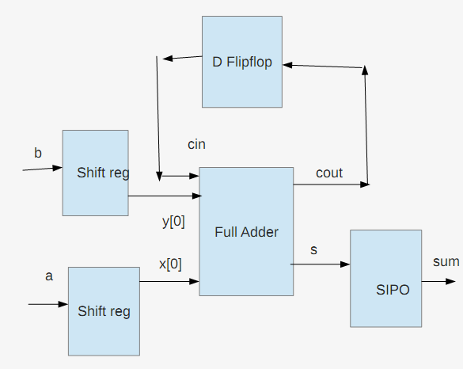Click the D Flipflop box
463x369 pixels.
242,62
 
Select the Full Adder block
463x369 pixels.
246,232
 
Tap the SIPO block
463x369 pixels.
386,279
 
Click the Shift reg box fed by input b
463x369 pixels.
96,173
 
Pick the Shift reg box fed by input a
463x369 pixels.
104,311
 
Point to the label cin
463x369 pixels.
196,144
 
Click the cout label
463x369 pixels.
329,173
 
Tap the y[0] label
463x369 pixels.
173,221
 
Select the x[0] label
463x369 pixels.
170,264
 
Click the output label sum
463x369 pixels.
446,262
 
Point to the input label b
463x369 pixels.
38,153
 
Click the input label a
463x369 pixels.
49,276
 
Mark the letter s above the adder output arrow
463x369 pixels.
314,250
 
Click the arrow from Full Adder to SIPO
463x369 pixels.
321,264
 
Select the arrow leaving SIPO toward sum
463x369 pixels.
438,282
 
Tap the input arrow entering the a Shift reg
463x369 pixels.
48,304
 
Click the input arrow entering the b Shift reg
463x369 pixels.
43,169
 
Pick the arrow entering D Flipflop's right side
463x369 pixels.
322,67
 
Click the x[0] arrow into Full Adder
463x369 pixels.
169,282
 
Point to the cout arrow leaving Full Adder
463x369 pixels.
332,184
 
